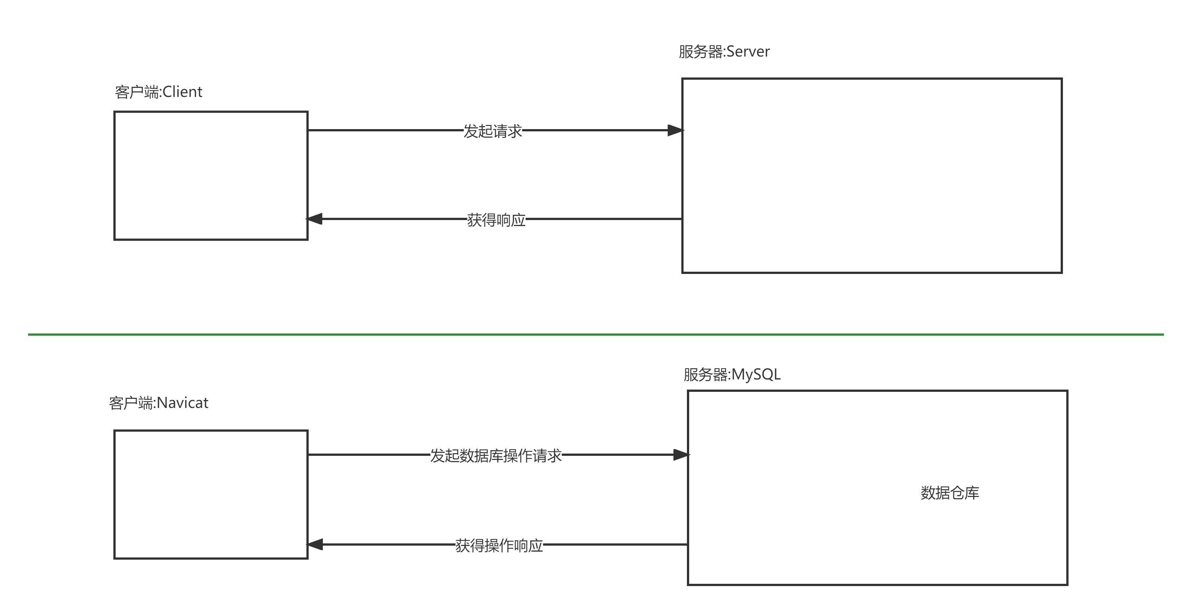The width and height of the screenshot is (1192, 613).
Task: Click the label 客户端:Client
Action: (158, 92)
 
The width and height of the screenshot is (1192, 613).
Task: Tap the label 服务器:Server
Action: (724, 51)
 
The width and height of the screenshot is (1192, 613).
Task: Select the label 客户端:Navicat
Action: (158, 403)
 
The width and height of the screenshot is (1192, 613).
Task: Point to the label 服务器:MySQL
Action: (732, 374)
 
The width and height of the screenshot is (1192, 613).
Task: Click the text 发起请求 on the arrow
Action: (493, 131)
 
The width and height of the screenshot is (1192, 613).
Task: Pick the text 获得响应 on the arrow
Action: (496, 220)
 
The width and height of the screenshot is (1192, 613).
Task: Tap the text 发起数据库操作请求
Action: (496, 455)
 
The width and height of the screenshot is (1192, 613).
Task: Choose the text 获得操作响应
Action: (499, 545)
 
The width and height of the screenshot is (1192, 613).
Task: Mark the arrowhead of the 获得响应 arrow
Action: (315, 219)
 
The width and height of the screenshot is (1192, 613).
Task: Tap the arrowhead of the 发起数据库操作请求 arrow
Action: (681, 455)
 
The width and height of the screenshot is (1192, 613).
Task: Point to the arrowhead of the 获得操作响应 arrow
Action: (315, 545)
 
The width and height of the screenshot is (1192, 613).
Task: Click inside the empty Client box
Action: (211, 176)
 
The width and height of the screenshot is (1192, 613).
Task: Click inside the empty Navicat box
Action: (211, 494)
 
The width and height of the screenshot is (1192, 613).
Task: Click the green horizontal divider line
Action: (596, 334)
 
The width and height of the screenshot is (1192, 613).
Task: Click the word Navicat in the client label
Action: (183, 403)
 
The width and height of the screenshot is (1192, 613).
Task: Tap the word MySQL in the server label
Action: (756, 374)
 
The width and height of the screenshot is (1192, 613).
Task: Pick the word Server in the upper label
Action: (748, 51)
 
